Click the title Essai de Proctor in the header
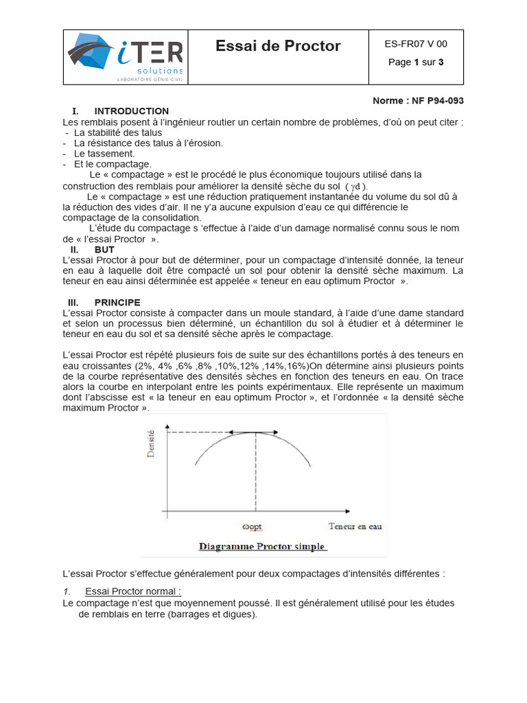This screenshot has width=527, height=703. pos(278,46)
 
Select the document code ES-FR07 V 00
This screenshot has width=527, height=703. pos(416,44)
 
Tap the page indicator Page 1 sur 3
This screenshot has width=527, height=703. pos(416,62)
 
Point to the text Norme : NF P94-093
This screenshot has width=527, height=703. pos(418,100)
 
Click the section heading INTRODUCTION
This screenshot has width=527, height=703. pos(131,111)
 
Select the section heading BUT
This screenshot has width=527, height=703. pos(104,250)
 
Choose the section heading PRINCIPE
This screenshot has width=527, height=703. pos(117,302)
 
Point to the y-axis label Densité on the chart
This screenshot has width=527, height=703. pos(152,442)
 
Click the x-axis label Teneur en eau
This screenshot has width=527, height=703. pos(355,527)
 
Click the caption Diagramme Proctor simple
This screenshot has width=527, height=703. pos(262,547)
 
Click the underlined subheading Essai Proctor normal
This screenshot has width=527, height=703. pos(132,591)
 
